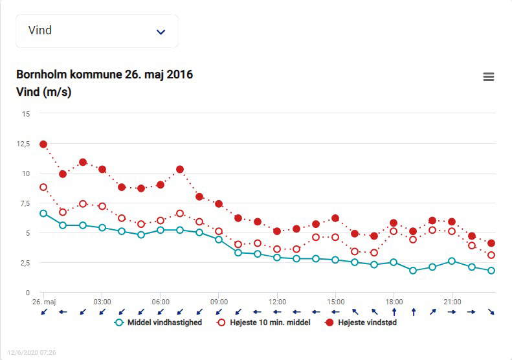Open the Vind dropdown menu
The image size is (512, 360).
97,31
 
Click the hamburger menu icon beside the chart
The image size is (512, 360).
489,77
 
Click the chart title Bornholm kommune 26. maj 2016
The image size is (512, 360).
104,74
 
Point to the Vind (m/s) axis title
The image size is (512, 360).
43,92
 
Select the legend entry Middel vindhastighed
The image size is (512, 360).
158,322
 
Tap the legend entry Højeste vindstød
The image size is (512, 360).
361,322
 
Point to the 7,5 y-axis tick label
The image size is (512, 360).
24,203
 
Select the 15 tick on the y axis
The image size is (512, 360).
26,114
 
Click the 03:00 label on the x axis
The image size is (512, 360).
102,302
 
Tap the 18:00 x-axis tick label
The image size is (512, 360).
394,302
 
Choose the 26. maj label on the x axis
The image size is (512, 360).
43,302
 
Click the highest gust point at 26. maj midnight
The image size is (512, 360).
43,144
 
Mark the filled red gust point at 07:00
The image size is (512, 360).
180,170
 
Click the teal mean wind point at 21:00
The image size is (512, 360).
452,261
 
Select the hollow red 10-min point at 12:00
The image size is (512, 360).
277,249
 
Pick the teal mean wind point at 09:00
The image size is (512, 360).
219,240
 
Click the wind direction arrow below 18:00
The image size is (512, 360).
394,311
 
